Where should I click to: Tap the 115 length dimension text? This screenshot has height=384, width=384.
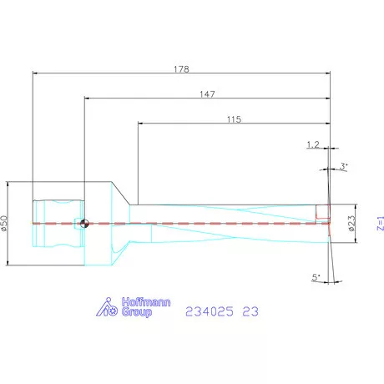click(x=233, y=119)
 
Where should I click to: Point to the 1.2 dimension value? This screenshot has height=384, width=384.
click(x=314, y=145)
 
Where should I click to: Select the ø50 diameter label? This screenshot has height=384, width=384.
click(x=5, y=224)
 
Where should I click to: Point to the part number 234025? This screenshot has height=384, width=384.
click(x=208, y=311)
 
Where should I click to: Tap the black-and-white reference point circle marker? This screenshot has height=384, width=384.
click(x=84, y=223)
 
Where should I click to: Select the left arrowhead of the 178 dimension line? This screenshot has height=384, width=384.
click(x=36, y=73)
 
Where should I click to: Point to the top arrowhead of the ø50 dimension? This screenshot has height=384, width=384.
click(x=13, y=185)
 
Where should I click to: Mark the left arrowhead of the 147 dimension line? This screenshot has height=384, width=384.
click(x=88, y=99)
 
